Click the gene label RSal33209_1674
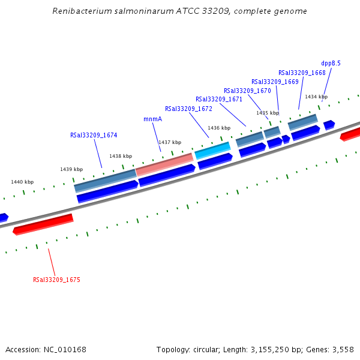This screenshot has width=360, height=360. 94,135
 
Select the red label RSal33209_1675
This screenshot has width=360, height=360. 56,280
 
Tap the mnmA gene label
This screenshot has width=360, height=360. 152,119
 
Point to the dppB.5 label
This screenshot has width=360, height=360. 331,63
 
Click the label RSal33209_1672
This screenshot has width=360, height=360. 188,109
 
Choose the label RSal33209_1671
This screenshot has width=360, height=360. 219,99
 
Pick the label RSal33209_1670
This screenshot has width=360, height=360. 247,91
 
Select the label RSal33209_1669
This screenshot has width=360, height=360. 275,82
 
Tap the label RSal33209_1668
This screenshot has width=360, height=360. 302,73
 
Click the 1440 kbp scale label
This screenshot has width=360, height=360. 22,182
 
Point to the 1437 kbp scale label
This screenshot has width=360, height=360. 169,142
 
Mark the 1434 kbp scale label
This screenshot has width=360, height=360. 316,97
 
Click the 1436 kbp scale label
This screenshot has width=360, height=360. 219,128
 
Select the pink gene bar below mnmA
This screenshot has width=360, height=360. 164,164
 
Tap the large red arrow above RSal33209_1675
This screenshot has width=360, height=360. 43,223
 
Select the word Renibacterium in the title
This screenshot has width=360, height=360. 80,11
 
